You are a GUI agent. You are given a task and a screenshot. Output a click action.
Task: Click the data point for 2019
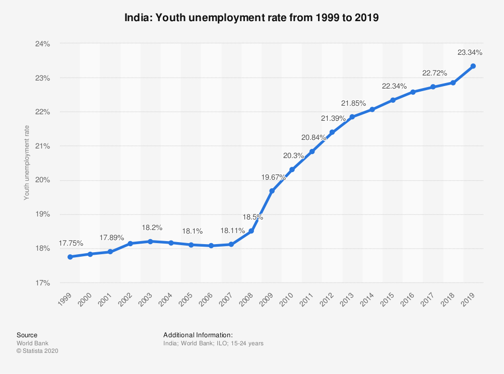[x=473, y=66]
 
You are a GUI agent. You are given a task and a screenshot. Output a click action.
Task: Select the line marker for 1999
[x=70, y=257]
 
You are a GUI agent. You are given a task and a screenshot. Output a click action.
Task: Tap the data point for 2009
[x=272, y=191]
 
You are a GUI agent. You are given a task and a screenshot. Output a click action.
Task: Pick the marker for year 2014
[x=372, y=109]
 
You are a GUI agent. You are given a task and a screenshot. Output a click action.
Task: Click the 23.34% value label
[x=470, y=52]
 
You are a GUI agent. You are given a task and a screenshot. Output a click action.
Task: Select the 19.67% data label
[x=274, y=177]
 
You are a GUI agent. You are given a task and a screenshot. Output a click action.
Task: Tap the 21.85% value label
[x=354, y=103]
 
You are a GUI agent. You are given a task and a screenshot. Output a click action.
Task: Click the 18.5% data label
[x=253, y=217]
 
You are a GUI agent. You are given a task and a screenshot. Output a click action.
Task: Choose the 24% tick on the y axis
[x=43, y=44]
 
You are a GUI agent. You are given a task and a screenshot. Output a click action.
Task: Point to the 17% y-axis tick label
[x=43, y=283]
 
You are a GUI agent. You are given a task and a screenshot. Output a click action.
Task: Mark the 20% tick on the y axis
[x=43, y=180]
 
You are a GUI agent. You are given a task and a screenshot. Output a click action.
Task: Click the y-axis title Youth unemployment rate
[x=27, y=163]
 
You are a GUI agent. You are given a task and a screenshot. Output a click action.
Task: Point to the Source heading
[x=27, y=335]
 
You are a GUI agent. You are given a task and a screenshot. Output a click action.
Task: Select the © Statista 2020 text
[x=37, y=351]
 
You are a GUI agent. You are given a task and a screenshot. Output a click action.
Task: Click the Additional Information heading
[x=198, y=335]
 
